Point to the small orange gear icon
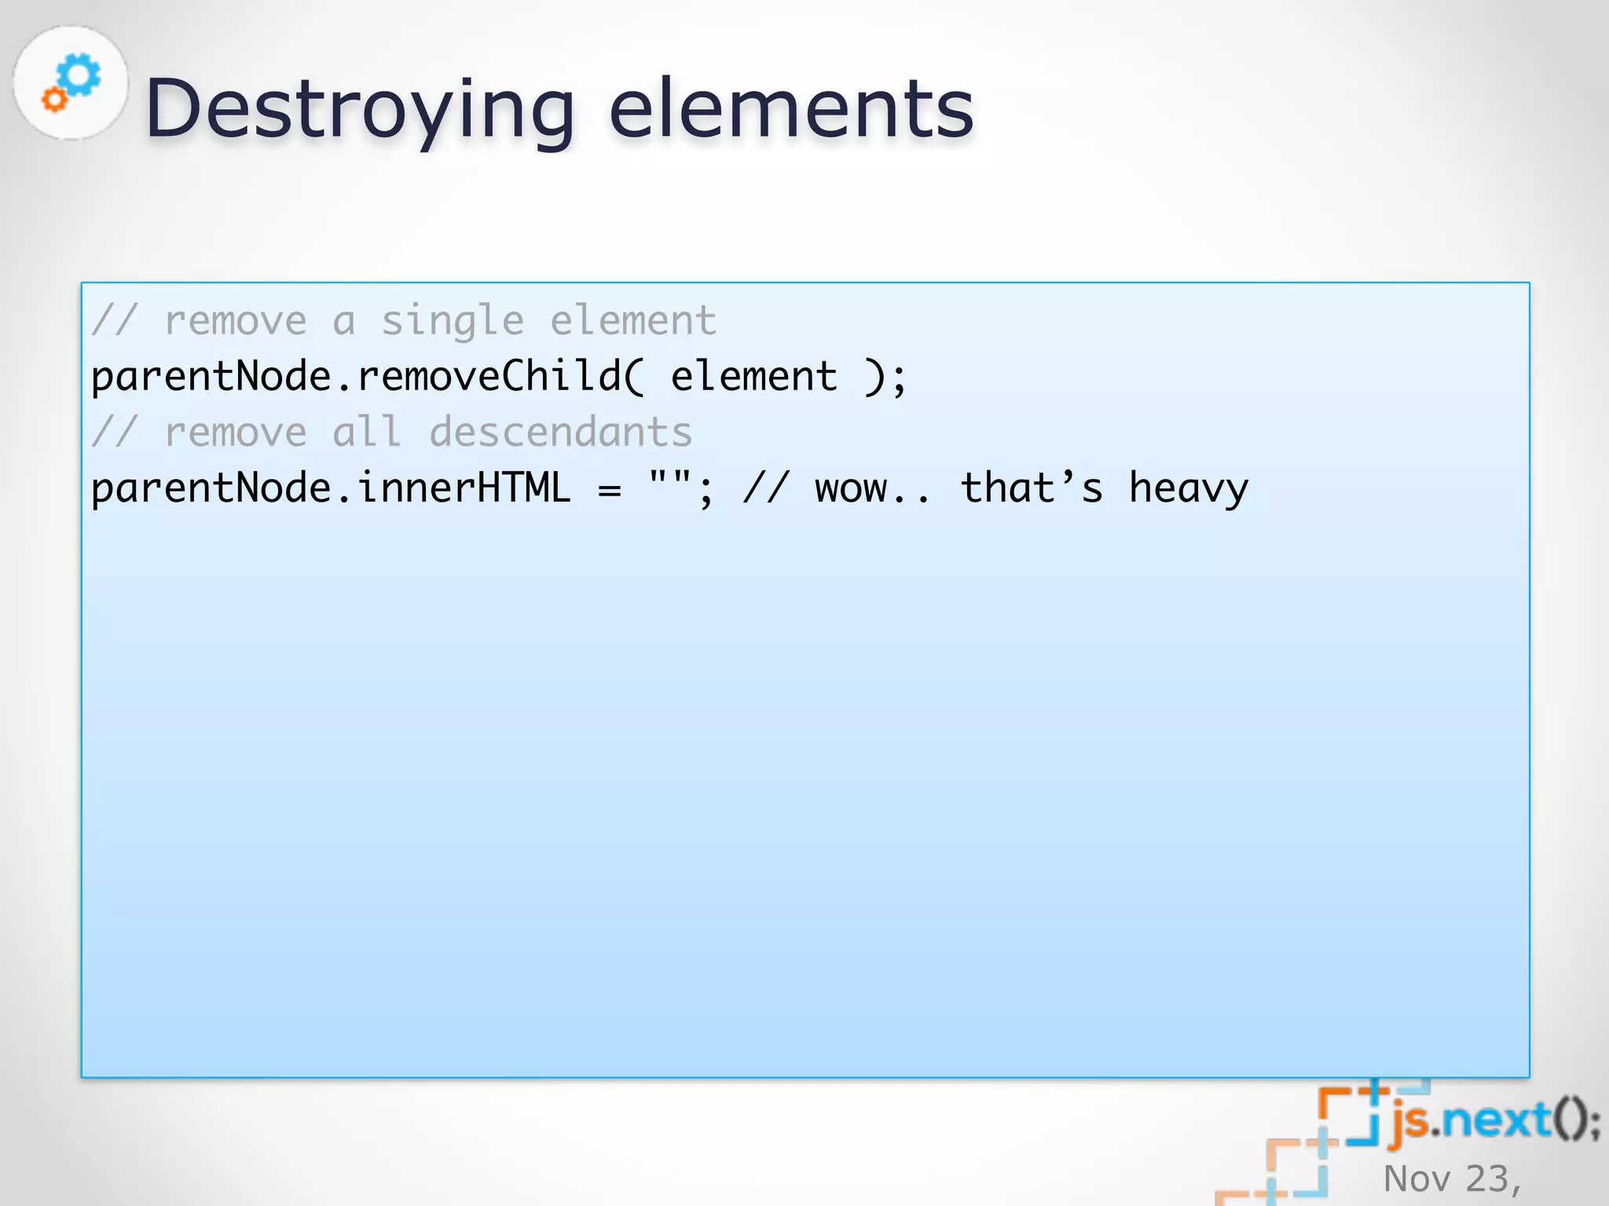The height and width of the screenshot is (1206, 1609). [x=54, y=100]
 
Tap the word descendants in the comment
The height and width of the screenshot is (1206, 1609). [x=561, y=433]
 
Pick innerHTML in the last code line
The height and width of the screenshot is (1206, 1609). [x=464, y=488]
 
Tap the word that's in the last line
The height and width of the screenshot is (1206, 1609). [x=1032, y=488]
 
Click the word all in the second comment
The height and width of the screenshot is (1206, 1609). [x=367, y=433]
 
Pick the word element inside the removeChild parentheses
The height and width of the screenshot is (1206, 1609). [x=753, y=377]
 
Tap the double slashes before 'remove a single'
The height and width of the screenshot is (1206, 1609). [x=115, y=321]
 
